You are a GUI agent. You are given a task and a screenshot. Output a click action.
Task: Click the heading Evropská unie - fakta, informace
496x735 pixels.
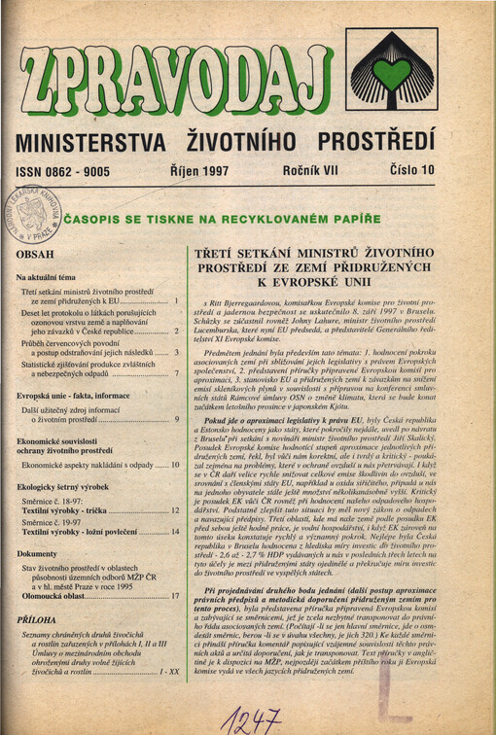click(x=73, y=397)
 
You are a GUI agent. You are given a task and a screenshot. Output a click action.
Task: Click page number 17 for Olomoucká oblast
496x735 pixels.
click(x=174, y=595)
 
